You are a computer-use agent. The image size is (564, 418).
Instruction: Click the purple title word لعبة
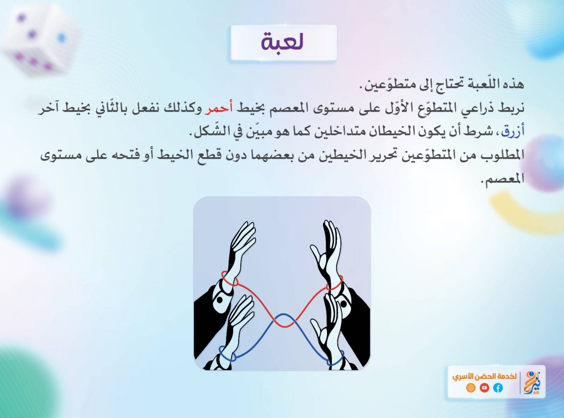coord(282,42)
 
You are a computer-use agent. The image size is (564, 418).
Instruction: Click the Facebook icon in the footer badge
coord(498,388)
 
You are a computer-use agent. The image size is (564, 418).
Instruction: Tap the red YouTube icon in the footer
coord(484,388)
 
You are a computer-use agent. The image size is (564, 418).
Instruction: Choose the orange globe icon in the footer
coord(471,388)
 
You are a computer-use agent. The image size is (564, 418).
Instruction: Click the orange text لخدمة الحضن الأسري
coord(484,376)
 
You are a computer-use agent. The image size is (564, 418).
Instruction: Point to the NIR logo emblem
coord(532,382)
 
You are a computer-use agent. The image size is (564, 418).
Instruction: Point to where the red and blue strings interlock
coord(284,320)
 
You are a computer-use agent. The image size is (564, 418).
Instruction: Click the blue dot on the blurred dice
coord(62,38)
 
